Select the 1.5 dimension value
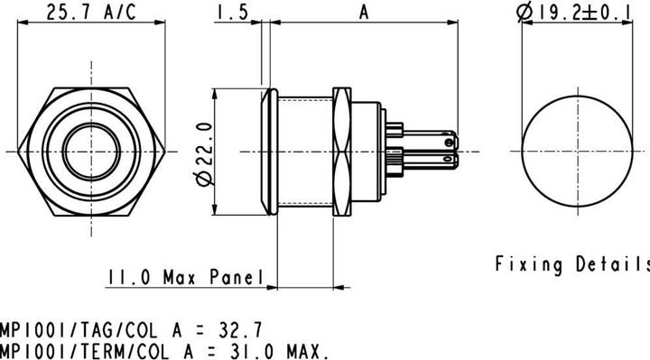tap(232, 13)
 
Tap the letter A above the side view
tap(364, 13)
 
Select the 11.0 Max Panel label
tap(184, 277)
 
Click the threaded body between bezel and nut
tap(304, 151)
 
